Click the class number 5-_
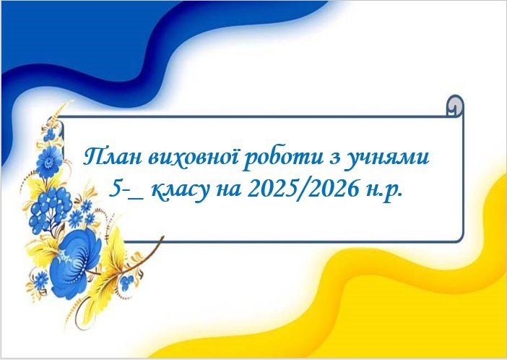[126, 189]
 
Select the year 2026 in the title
[334, 189]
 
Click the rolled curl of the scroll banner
[455, 106]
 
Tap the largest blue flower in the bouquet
[75, 263]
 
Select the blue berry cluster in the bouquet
[51, 207]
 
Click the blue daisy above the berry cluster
[49, 162]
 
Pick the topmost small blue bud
[49, 134]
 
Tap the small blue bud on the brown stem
[126, 283]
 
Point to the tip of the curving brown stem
[162, 237]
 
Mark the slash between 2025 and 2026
[303, 189]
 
